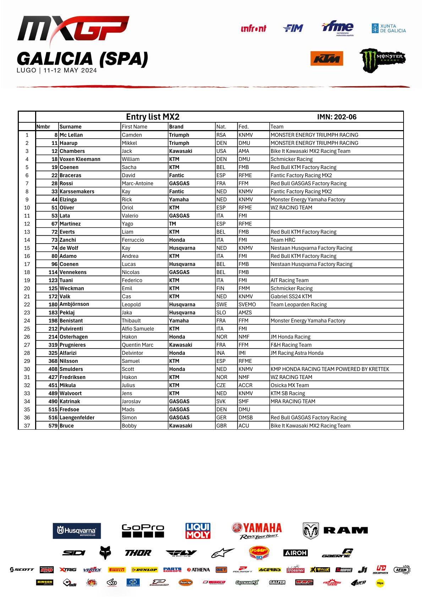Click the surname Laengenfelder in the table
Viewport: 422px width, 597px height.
[x=77, y=418]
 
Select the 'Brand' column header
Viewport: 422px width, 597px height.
[x=176, y=127]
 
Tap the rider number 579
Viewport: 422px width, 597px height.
[x=53, y=426]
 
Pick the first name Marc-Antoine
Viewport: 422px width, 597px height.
[x=137, y=183]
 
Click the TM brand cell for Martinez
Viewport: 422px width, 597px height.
[x=172, y=224]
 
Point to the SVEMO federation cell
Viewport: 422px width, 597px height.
[x=247, y=305]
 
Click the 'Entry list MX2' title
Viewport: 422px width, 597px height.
[x=153, y=117]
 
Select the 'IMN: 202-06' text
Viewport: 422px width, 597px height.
[x=336, y=117]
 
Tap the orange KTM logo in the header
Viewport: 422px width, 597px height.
[x=327, y=58]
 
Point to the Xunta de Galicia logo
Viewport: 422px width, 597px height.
[x=389, y=28]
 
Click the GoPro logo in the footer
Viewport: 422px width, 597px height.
[x=143, y=531]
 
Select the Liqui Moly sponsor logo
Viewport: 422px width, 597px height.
[x=198, y=531]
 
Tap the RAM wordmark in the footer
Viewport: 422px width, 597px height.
[x=345, y=530]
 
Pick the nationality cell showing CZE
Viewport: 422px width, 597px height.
[x=221, y=385]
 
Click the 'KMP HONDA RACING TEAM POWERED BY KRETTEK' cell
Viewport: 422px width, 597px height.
[x=330, y=369]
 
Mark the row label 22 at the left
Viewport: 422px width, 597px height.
[x=27, y=305]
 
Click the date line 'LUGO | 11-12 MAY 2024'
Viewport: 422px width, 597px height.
[x=57, y=70]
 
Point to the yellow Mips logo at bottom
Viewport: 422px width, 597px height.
[x=380, y=583]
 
